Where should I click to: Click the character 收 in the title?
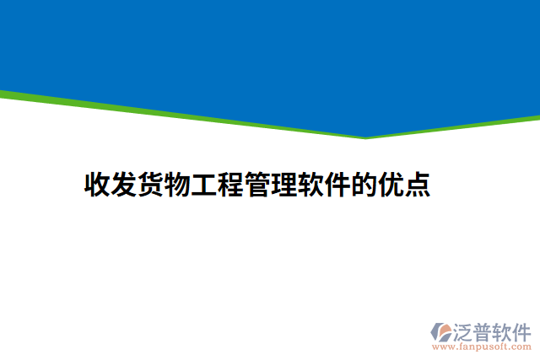[98, 185]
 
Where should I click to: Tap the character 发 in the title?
[125, 185]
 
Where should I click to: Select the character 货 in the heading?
[152, 185]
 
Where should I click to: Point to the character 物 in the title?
[178, 185]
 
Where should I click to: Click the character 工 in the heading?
[205, 185]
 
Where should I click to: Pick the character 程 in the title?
[231, 185]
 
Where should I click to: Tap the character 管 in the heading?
[258, 185]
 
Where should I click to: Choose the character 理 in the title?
[284, 185]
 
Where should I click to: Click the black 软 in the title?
[311, 185]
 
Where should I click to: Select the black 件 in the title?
[337, 185]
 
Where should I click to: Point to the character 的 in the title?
[364, 185]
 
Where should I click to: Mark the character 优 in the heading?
[391, 185]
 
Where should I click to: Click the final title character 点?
[418, 185]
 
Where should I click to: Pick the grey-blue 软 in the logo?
[509, 330]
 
